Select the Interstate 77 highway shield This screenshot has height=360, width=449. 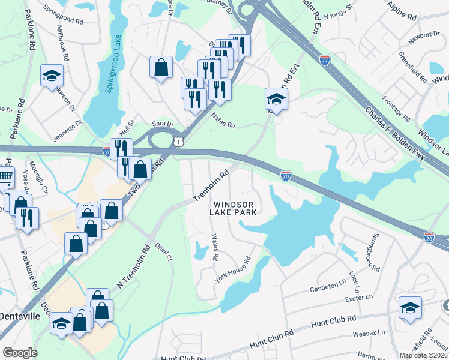click(x=325, y=59)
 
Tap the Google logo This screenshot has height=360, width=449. click(x=20, y=353)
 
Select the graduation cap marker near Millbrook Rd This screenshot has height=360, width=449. click(x=52, y=76)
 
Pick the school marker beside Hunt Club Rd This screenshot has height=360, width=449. click(x=410, y=308)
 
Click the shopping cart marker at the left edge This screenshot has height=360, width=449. click(x=5, y=178)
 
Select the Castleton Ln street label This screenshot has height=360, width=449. click(x=328, y=287)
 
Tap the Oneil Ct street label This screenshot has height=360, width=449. click(x=164, y=253)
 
